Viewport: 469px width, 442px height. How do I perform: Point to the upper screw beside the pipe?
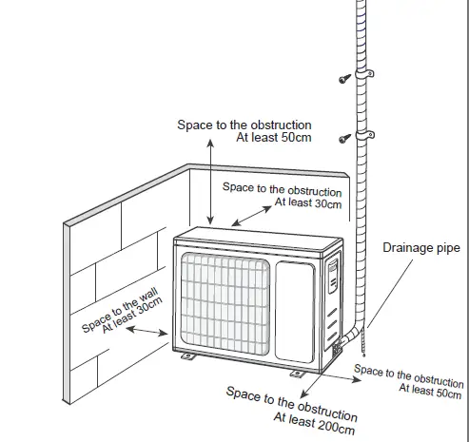(342, 79)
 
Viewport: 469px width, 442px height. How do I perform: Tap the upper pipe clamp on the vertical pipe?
(366, 73)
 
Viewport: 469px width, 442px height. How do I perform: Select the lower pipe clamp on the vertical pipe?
(366, 132)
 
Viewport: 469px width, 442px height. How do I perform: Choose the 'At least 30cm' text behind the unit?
(307, 202)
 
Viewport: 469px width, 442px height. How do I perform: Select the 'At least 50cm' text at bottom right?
(431, 389)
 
